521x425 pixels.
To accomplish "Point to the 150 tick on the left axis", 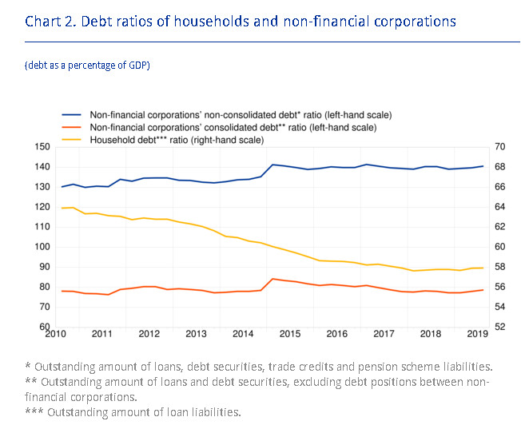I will pos(43,147).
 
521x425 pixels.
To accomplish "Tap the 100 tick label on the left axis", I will pos(43,247).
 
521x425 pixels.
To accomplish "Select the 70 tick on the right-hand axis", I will pos(501,147).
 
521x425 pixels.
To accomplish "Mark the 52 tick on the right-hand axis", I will pos(501,327).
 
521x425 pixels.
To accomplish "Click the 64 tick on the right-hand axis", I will pos(501,207).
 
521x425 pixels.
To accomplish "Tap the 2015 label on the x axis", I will pos(289,333).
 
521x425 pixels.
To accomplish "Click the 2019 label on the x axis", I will pos(476,333).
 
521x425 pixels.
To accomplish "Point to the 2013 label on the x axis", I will pos(196,333).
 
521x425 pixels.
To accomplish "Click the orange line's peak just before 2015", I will pos(274,279).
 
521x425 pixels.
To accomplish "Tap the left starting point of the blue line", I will pos(62,187).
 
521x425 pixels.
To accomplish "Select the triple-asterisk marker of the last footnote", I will pos(34,411).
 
